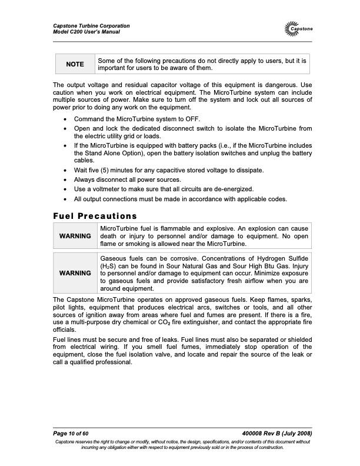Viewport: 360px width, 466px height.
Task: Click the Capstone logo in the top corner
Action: point(299,29)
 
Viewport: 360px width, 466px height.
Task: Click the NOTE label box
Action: point(75,64)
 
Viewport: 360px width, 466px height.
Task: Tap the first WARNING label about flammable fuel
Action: point(75,236)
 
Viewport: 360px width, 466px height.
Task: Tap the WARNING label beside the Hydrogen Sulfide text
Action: point(75,274)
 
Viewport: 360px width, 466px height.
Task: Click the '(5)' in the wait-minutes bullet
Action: point(108,170)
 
